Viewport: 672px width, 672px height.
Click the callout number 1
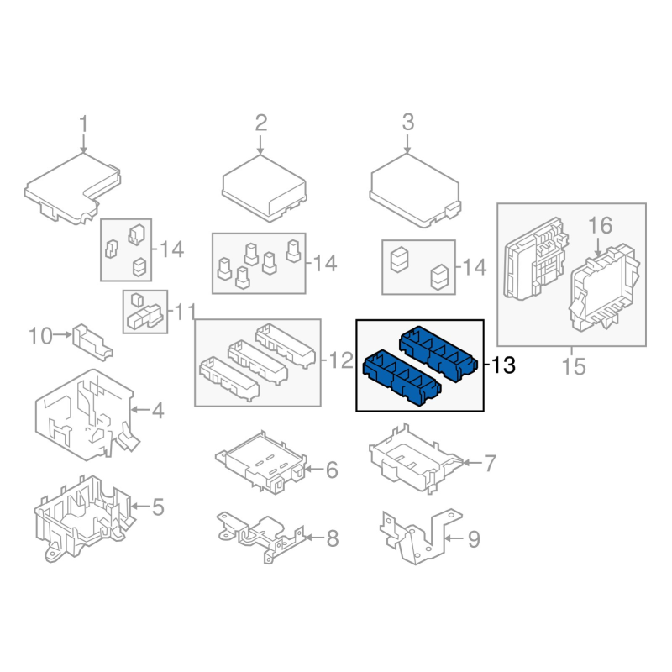(x=83, y=124)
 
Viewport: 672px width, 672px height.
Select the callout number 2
(x=261, y=123)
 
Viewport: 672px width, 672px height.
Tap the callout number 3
(x=408, y=122)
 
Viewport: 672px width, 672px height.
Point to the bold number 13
(x=503, y=365)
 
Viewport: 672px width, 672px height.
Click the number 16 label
(x=600, y=225)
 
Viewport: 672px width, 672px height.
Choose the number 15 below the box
(x=574, y=367)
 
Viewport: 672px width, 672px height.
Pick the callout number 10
(x=40, y=336)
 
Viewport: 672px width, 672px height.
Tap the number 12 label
(x=341, y=360)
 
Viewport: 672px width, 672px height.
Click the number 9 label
(x=474, y=539)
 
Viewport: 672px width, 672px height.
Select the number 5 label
(x=158, y=507)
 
